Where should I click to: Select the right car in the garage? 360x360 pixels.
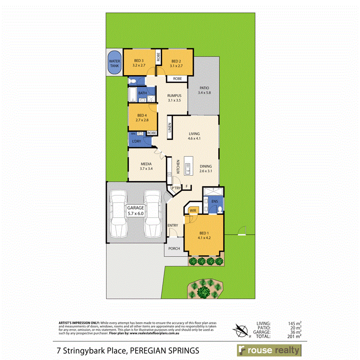(152, 214)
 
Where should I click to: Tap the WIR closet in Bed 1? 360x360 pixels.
(192, 210)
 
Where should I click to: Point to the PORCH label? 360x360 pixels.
(174, 249)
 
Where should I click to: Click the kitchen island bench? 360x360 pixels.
(187, 166)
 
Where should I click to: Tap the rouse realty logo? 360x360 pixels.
(269, 350)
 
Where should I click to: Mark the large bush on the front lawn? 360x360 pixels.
(205, 288)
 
